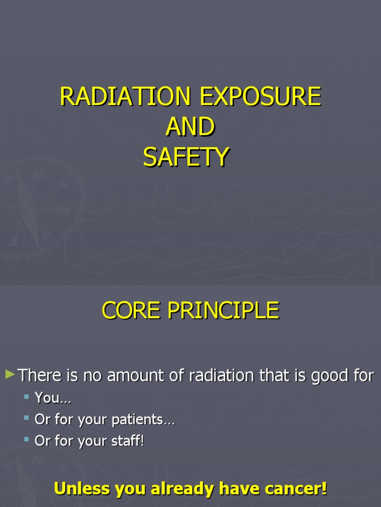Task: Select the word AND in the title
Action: [190, 127]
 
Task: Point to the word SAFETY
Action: [186, 157]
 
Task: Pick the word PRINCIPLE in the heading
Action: [223, 310]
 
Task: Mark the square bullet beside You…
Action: [27, 397]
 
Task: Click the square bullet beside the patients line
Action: [27, 418]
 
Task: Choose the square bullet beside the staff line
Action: [27, 440]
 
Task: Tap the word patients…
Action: [143, 420]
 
